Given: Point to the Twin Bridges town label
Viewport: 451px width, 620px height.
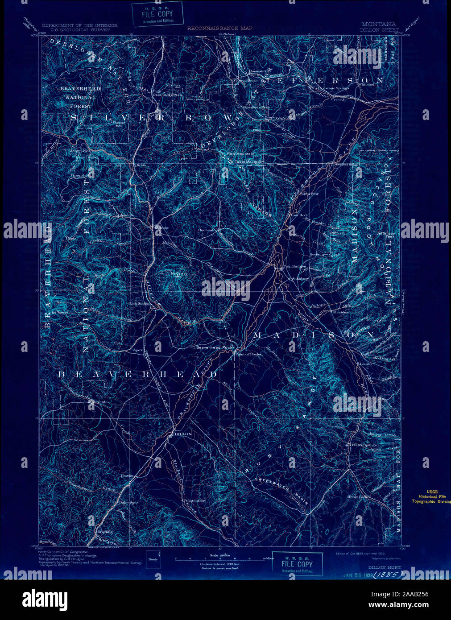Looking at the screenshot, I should pos(294,268).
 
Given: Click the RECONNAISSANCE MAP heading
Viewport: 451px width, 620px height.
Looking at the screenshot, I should pos(219,28).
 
